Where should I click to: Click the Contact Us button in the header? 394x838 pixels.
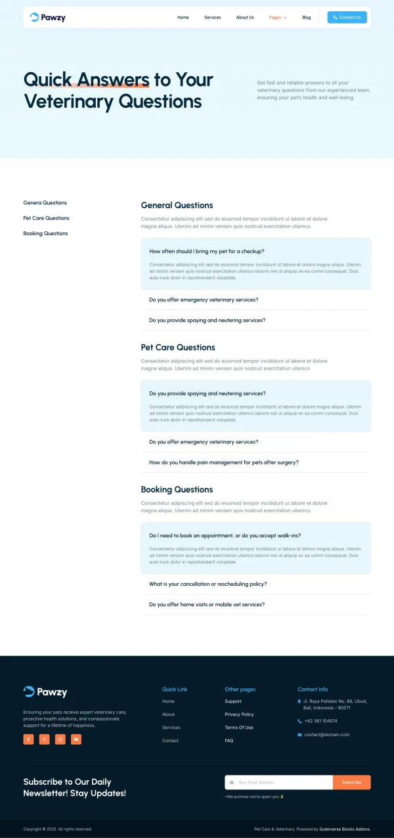click(347, 18)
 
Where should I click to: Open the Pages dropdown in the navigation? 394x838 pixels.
click(278, 18)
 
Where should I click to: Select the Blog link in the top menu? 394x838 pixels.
click(306, 18)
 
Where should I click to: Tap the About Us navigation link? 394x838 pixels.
click(245, 18)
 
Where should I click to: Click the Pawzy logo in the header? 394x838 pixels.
click(47, 18)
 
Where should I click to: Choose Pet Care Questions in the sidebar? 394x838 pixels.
click(46, 218)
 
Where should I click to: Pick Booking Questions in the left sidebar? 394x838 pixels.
click(45, 234)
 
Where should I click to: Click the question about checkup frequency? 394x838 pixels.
click(206, 252)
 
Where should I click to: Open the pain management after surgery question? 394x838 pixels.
click(223, 462)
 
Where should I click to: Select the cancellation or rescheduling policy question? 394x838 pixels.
click(208, 584)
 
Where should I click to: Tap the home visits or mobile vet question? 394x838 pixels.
click(206, 604)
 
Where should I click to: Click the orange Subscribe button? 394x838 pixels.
click(351, 782)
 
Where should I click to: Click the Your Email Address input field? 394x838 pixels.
click(279, 782)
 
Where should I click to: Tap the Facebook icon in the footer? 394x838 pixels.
click(28, 739)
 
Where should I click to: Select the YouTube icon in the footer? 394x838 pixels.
click(76, 739)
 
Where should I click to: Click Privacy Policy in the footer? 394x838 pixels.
click(239, 715)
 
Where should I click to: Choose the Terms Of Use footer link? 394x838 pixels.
click(239, 728)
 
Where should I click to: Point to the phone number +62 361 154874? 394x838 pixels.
click(320, 721)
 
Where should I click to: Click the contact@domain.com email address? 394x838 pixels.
click(326, 735)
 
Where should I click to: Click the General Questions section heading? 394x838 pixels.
click(177, 206)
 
